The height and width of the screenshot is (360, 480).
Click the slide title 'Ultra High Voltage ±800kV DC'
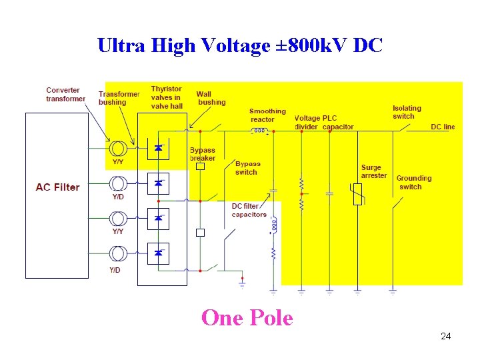[240, 45]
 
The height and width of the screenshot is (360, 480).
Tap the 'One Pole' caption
[247, 317]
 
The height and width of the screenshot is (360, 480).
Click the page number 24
[445, 336]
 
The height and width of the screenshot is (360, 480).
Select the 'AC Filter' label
[57, 187]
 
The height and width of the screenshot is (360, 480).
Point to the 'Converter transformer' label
[65, 95]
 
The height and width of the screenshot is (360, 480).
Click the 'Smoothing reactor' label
[267, 115]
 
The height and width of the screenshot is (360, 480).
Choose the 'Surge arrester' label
[373, 171]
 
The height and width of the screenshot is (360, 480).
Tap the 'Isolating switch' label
[407, 112]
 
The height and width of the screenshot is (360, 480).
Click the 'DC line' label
[443, 127]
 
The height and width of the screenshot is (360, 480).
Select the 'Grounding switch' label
[413, 182]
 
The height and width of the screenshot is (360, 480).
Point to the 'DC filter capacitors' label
[249, 210]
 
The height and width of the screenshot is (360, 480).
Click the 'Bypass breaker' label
[203, 155]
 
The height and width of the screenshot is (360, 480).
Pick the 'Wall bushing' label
[211, 98]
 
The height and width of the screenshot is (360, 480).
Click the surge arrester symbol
[357, 193]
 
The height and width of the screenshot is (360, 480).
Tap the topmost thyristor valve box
[158, 148]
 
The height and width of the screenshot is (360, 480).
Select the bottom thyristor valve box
[158, 253]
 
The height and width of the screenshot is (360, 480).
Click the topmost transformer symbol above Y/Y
[118, 148]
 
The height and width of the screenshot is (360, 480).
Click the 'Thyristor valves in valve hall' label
[166, 97]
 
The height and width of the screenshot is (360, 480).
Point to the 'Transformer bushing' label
[119, 98]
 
